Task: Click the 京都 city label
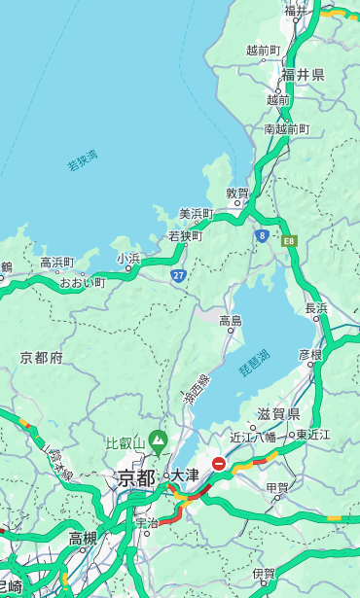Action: point(135,477)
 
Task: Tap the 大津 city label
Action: point(185,475)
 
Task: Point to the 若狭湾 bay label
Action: point(83,160)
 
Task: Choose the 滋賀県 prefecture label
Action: point(278,414)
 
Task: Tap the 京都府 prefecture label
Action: point(42,358)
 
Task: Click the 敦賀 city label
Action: point(237,193)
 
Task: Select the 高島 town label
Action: point(231,321)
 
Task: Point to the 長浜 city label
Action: point(316,308)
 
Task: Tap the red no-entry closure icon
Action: point(220,464)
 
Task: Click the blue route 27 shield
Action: point(179,275)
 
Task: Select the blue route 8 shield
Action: point(262,235)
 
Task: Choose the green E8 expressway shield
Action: point(289,240)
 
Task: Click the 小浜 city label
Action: point(128,259)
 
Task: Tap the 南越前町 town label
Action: point(286,128)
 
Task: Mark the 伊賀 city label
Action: point(264,574)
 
